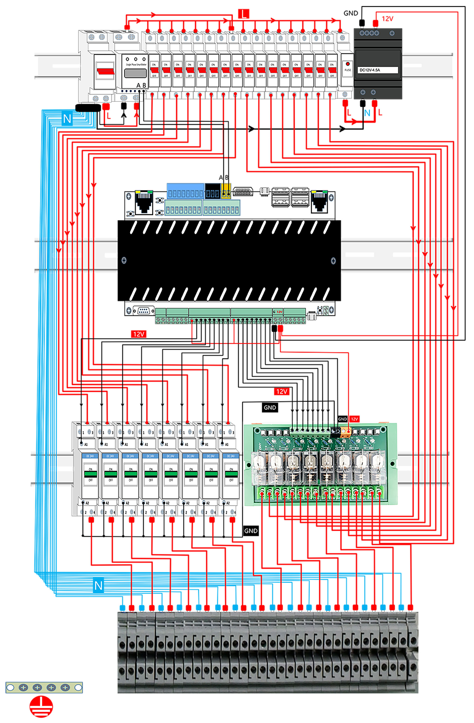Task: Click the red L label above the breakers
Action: [243, 14]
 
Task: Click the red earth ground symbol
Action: [41, 706]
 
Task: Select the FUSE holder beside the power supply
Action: [347, 69]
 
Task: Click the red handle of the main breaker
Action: [105, 71]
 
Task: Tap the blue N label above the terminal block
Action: [98, 585]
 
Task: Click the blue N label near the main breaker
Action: [67, 118]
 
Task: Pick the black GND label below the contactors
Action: [251, 531]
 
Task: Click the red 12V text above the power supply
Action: [387, 19]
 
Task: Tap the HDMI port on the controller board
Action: [243, 192]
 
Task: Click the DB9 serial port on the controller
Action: [144, 310]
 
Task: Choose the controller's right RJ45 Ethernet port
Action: [319, 201]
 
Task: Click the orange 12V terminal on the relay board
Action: [346, 430]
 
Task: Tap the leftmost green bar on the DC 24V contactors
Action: [90, 474]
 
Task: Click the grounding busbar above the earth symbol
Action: [44, 687]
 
